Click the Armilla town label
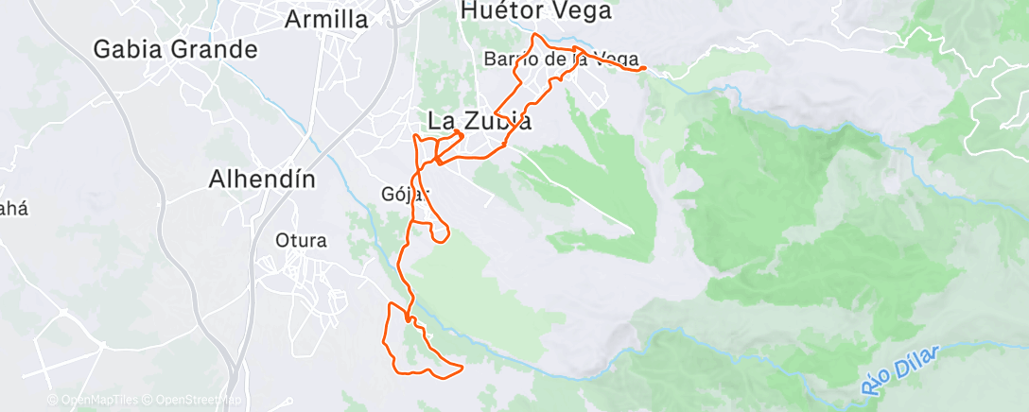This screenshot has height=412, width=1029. pos(326,18)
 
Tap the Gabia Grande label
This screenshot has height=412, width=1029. pos(176,49)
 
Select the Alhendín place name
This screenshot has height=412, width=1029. pos(261,179)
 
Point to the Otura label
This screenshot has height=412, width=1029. pos(301,240)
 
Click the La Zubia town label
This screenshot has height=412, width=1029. pos(480,122)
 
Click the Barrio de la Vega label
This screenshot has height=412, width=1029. pos(562,59)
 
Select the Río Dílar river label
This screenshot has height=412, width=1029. pos(899,371)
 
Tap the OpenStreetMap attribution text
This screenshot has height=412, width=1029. pos(199,401)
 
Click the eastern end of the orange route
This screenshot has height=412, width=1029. pos(645,68)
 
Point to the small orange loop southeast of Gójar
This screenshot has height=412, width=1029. pos(440,232)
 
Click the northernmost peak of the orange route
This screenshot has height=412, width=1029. pos(536,35)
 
